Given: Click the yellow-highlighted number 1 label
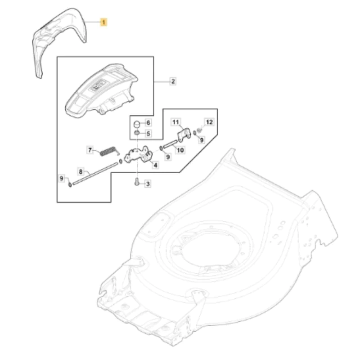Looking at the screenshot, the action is click(103, 22).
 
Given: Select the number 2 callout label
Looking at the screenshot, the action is click(173, 81).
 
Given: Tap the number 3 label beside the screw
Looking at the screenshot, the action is click(148, 184).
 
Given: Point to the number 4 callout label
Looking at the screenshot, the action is click(155, 165).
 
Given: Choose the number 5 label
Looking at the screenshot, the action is click(148, 133).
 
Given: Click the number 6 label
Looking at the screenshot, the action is click(148, 122).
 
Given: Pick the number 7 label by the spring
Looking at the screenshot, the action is click(90, 150).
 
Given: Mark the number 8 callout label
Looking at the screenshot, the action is click(81, 171).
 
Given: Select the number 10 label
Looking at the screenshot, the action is click(180, 150).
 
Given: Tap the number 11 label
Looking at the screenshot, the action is click(175, 122).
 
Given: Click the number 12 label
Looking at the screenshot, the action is click(209, 122).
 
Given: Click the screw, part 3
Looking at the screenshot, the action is click(137, 182).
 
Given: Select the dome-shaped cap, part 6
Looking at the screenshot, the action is click(137, 124).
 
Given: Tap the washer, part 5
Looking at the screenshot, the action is click(137, 133).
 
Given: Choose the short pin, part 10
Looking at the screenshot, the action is click(170, 144).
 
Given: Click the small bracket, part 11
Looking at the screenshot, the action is click(184, 135).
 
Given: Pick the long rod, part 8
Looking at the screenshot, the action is click(95, 173).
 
